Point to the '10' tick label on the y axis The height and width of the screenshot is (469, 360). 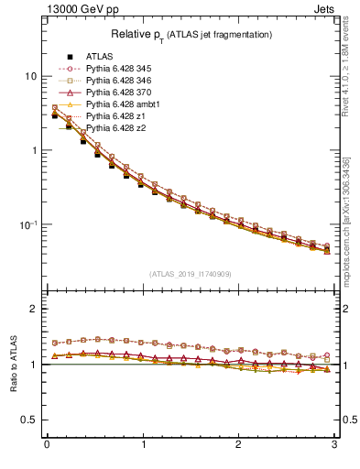[x=30, y=76]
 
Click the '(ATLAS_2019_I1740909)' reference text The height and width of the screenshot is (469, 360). [x=190, y=274]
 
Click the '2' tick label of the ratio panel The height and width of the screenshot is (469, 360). [x=34, y=309]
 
